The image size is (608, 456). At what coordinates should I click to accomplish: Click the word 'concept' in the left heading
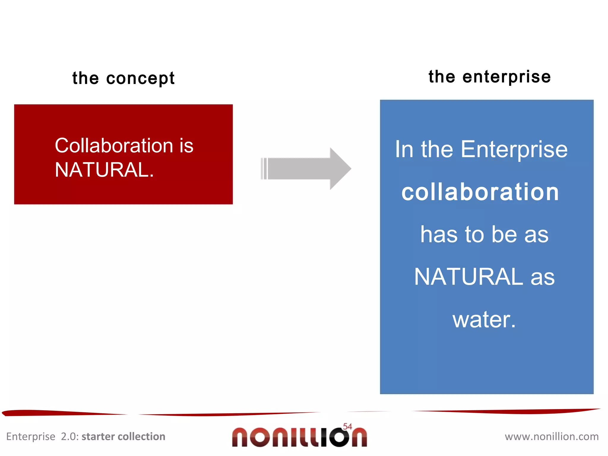140,79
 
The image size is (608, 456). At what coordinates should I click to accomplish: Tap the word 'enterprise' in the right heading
506,77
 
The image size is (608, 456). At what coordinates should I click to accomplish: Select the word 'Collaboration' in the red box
114,146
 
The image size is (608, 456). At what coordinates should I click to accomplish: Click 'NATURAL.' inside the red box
104,170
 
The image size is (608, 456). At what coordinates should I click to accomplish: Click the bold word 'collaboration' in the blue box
480,192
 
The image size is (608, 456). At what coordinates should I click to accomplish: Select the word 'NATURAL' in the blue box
468,277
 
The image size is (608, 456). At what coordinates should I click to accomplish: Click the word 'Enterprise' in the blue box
514,149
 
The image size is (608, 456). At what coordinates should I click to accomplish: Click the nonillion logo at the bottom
299,437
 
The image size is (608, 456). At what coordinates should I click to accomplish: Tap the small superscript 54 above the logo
347,427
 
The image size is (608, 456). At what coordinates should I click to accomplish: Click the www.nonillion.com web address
552,437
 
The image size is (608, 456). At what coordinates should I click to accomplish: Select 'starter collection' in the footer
123,437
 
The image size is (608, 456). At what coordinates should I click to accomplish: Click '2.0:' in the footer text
70,437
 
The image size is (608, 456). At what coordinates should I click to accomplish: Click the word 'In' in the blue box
404,149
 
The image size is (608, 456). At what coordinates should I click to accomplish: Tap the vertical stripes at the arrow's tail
264,169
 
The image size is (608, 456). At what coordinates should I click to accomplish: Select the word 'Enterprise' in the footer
31,437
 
